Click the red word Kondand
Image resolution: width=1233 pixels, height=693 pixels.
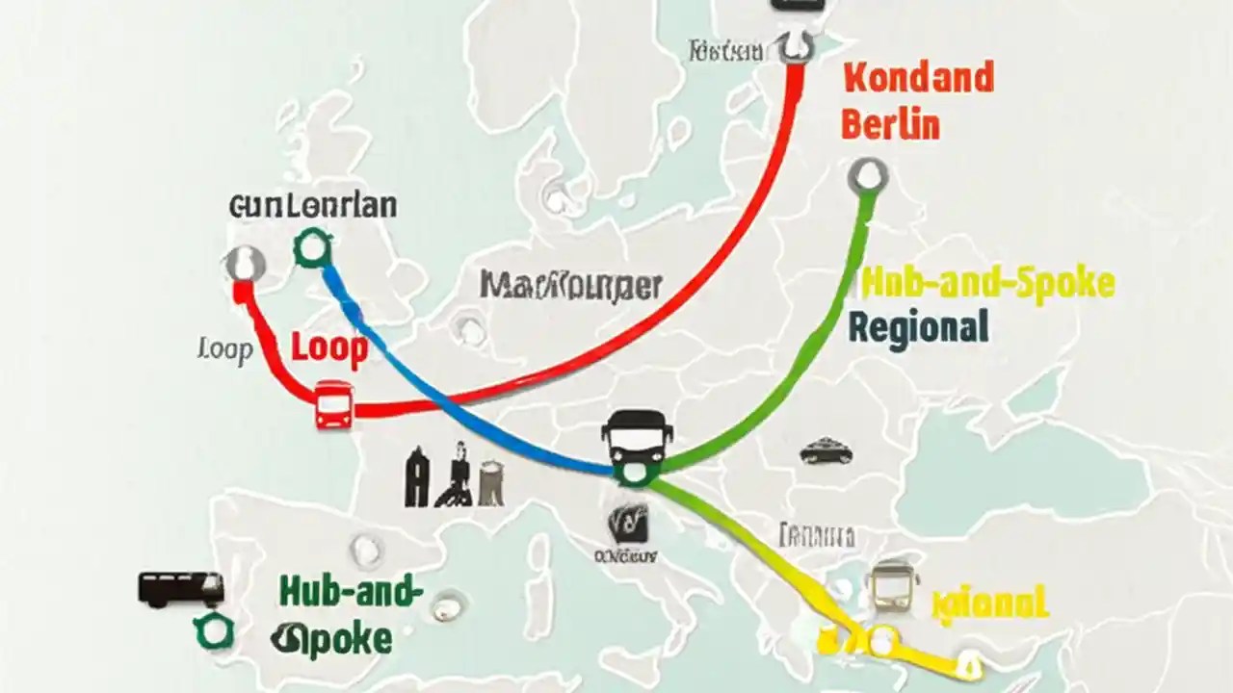pyautogui.click(x=918, y=78)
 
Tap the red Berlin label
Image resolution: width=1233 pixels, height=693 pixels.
pyautogui.click(x=890, y=125)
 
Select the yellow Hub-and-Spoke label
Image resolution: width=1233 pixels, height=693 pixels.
pyautogui.click(x=987, y=283)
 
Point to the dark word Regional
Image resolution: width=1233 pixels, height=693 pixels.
pyautogui.click(x=918, y=327)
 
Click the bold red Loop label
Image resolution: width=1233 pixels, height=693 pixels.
pyautogui.click(x=329, y=349)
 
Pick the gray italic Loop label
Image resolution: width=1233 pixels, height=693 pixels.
pyautogui.click(x=224, y=349)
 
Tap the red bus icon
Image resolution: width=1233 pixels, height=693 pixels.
pyautogui.click(x=333, y=404)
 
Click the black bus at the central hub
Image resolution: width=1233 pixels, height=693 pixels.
pyautogui.click(x=637, y=438)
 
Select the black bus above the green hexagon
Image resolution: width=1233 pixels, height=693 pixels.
pyautogui.click(x=181, y=588)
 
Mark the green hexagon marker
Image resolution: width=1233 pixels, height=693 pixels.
pyautogui.click(x=213, y=631)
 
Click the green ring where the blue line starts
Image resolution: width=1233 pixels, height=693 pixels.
pyautogui.click(x=312, y=248)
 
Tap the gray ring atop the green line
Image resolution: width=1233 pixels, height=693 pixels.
pyautogui.click(x=868, y=177)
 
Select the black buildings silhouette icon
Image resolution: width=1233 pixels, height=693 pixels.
pyautogui.click(x=454, y=475)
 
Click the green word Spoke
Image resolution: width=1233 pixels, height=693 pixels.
pyautogui.click(x=331, y=638)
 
